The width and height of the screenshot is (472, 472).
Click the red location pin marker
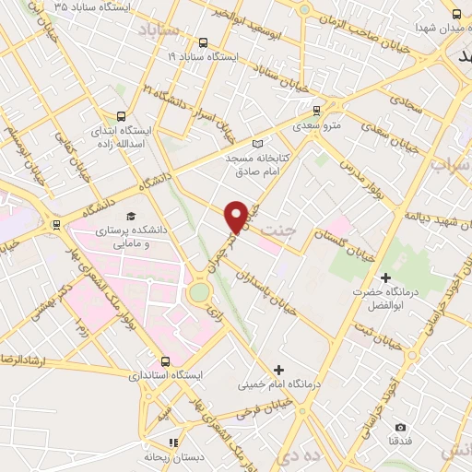236,216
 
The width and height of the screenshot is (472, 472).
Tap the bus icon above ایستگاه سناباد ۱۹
203,42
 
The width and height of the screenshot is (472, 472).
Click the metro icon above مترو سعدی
316,108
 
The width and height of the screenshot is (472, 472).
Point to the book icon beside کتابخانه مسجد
257,143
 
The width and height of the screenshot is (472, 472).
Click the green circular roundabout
199,293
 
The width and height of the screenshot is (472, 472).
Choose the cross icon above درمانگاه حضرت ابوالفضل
384,277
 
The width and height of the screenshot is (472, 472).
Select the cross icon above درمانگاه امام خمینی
278,370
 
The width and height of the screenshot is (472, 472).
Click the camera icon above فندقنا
400,427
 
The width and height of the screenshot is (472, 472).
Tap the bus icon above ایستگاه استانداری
168,361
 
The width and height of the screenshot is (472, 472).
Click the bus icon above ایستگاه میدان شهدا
457,13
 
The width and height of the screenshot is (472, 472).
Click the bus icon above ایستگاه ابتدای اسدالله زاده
121,117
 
